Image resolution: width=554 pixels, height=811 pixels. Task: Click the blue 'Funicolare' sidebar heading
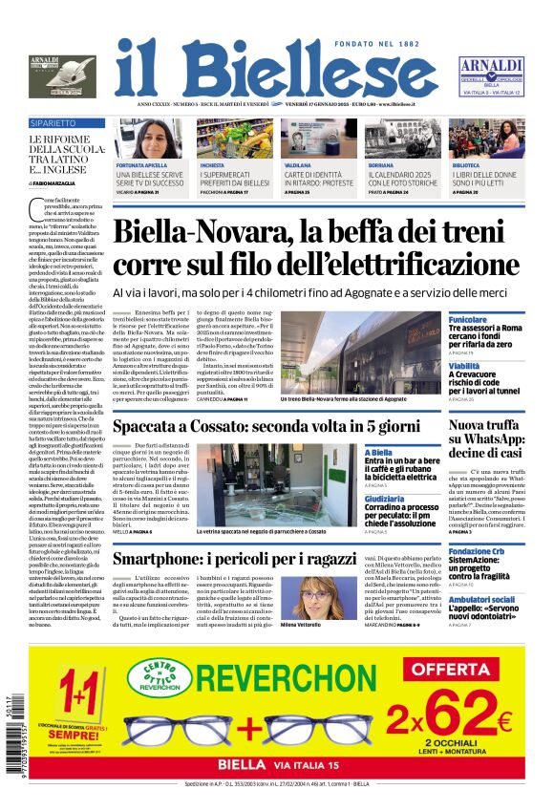tap(468, 320)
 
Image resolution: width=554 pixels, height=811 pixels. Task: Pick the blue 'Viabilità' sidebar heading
tap(464, 366)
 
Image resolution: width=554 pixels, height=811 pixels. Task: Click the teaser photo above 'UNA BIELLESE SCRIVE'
tap(149, 139)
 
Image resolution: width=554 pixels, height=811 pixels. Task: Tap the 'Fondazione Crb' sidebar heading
tap(477, 552)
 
